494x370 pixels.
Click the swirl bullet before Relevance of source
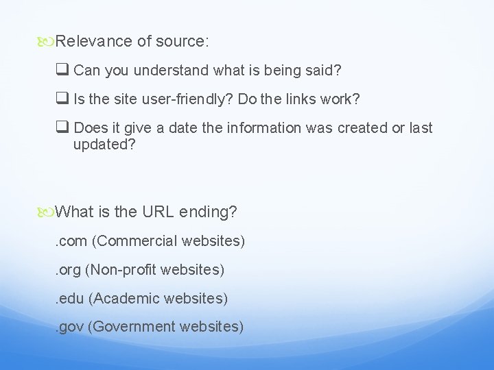pyautogui.click(x=47, y=41)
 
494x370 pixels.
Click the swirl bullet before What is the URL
pyautogui.click(x=47, y=212)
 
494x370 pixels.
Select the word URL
pyautogui.click(x=158, y=212)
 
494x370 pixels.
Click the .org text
pyautogui.click(x=68, y=270)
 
